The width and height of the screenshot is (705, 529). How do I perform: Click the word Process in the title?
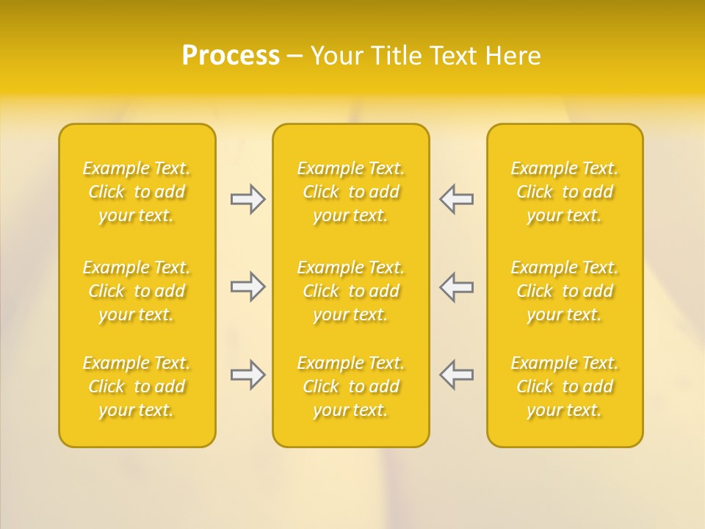coord(231,56)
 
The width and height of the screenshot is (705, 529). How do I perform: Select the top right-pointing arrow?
coord(247,199)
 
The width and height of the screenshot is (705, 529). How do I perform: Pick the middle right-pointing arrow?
coord(247,287)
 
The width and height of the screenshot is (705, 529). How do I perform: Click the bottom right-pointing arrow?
coord(247,375)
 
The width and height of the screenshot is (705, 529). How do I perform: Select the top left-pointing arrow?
coord(457,199)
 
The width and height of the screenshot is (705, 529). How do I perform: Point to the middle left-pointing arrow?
coord(457,287)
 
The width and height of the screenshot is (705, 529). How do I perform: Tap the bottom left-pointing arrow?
coord(457,375)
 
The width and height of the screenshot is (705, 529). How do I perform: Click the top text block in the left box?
coord(137,192)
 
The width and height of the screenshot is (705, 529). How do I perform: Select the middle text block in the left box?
coord(137,291)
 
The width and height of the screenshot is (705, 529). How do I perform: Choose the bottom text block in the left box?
coord(137,386)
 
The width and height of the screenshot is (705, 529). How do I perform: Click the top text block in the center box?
coord(351,192)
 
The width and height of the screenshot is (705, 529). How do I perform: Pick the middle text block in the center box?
coord(351,291)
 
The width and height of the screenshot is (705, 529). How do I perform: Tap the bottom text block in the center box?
coord(351,386)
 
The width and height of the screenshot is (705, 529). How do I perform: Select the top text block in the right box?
coord(565,192)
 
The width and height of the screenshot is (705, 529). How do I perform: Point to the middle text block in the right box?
coord(565,291)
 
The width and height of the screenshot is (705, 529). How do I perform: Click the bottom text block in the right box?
coord(565,386)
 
